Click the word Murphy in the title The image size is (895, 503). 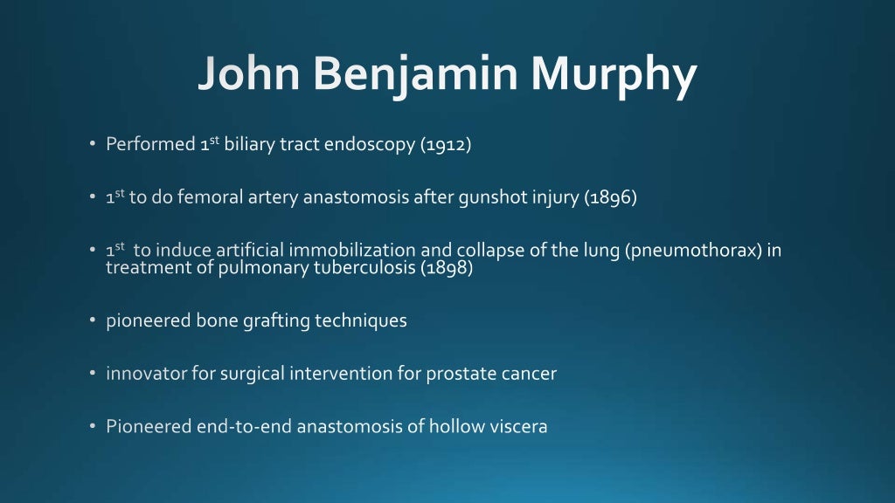coord(614,76)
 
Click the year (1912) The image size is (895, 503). coord(447,145)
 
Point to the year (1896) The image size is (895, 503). coord(611,197)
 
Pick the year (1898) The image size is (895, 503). coord(447,268)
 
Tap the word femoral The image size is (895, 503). coord(208,197)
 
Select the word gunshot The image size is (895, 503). coord(493,197)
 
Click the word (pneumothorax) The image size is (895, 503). coord(694,251)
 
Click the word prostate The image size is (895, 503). coord(460,374)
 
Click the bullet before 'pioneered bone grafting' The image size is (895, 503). coord(93,320)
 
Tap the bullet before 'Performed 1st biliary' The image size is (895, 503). coord(93,145)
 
